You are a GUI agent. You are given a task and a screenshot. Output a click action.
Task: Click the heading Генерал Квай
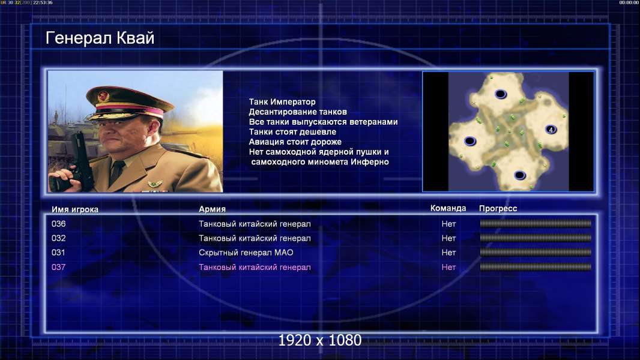(100, 38)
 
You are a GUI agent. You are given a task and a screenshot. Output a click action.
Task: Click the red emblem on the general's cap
(104, 96)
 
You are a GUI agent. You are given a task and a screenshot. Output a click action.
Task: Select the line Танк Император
(282, 102)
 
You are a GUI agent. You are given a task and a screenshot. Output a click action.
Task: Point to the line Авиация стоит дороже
(295, 142)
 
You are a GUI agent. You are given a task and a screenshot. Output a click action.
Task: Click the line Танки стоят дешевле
(292, 131)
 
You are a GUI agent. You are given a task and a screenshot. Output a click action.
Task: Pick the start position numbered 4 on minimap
(551, 130)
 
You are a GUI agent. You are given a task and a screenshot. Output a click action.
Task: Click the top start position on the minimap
(501, 94)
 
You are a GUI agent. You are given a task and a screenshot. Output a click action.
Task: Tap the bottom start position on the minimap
(519, 175)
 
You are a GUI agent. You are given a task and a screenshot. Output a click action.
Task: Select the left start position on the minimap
(470, 141)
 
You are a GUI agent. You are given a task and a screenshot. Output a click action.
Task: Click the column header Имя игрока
(74, 209)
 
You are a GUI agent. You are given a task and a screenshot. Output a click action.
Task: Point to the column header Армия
(213, 209)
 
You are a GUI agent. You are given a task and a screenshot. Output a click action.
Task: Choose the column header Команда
(448, 208)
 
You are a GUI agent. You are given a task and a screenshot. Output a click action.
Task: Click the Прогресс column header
(498, 208)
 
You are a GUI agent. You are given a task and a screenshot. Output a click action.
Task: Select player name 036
(58, 224)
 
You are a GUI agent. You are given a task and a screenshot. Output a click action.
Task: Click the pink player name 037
(58, 267)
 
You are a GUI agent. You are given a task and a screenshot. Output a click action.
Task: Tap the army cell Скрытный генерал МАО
(246, 253)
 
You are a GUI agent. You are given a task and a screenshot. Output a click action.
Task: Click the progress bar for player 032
(536, 238)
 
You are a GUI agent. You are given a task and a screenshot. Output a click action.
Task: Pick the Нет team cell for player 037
(448, 267)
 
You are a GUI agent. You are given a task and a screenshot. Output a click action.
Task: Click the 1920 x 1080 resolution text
(319, 340)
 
